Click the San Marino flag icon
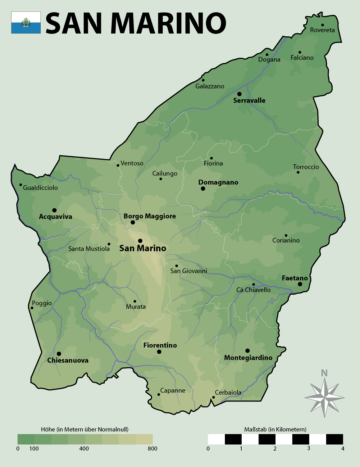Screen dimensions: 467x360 coord(26,22)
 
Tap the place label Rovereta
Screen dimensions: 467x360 coord(322,30)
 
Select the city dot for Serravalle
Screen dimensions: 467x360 coord(239,94)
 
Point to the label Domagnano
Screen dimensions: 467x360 coord(218,182)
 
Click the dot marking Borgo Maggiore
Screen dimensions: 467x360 coord(133,222)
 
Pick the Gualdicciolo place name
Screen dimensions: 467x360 coord(40,188)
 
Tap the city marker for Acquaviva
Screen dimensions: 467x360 coord(54,210)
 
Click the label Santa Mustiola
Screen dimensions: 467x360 coord(89,249)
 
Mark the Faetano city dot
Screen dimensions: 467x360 coord(300,284)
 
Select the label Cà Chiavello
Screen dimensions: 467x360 coord(253,290)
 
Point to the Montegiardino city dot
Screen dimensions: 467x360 coord(247,351)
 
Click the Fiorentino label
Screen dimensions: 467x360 coord(160,345)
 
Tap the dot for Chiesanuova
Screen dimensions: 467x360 coord(59,354)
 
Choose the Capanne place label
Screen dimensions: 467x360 coord(172,391)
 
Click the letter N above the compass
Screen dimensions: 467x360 coord(324,373)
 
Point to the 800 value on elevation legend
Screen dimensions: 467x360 coord(153,448)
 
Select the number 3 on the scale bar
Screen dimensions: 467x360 coord(308,448)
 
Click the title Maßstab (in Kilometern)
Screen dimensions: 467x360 coord(275,429)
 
